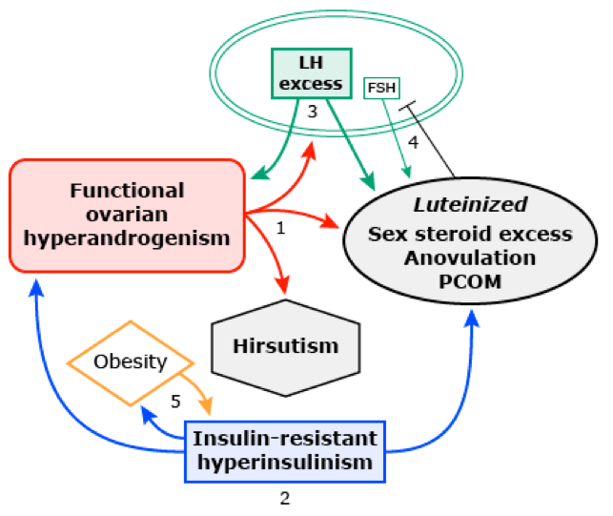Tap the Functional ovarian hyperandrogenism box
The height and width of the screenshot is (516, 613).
(127, 215)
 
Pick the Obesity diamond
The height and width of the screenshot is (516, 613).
(131, 362)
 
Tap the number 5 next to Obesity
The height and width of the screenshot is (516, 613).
(174, 402)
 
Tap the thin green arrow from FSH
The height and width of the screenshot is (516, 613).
(397, 134)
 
